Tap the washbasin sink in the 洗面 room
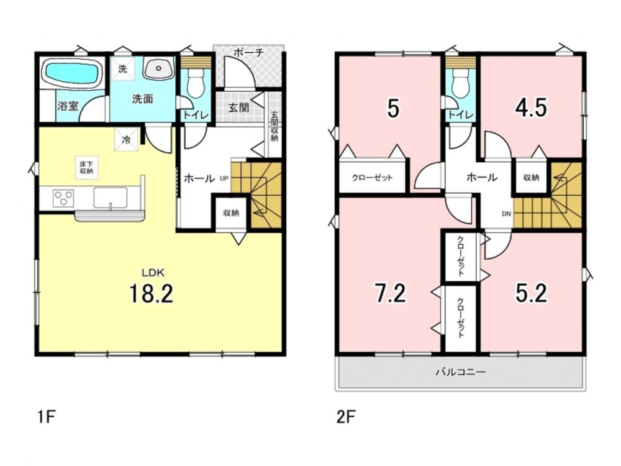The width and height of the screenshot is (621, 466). pos(158,68)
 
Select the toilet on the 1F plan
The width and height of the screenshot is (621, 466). pos(195,83)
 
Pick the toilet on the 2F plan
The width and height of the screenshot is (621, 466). pos(460,84)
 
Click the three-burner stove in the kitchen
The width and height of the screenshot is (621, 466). pos(63,198)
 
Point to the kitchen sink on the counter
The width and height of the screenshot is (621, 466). pos(111,198)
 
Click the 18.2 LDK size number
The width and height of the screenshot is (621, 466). pos(151,293)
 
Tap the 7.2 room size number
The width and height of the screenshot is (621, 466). pos(390,293)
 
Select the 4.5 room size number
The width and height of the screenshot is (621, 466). pos(531,107)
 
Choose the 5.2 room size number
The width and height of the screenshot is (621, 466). pos(531,293)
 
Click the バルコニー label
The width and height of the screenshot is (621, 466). pos(461,372)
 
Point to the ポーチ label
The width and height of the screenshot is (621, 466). pos(248,53)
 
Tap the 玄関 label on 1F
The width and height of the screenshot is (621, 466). pos(239,107)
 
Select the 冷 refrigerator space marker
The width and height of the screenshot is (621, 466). pos(126,139)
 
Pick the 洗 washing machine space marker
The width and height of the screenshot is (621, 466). pos(122,68)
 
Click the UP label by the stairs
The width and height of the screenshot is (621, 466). pos(224,179)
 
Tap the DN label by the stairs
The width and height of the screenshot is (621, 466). pos(507,214)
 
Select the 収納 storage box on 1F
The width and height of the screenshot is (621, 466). pos(231,212)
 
